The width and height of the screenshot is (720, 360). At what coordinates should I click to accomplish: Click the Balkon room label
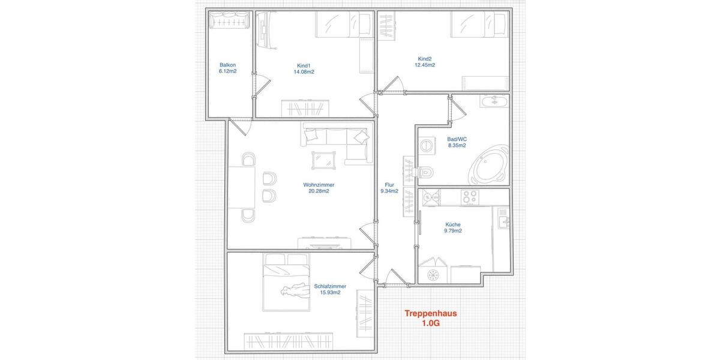[227, 65]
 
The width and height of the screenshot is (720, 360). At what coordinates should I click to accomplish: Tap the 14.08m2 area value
[304, 72]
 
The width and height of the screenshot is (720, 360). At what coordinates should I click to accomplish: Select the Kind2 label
[425, 59]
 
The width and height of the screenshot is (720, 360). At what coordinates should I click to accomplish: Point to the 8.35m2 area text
[457, 145]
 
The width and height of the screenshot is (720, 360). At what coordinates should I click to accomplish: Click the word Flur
[389, 185]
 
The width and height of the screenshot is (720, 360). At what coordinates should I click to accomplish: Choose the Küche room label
[453, 224]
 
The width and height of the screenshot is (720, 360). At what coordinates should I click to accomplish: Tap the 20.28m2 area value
[319, 191]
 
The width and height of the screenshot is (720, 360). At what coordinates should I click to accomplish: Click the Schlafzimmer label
[330, 286]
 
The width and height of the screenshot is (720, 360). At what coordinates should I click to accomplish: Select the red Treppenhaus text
[431, 313]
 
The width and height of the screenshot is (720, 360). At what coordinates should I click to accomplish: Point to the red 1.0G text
[431, 323]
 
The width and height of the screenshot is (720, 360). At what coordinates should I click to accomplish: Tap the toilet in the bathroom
[427, 172]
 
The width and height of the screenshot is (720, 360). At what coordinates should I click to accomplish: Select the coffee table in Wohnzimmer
[323, 160]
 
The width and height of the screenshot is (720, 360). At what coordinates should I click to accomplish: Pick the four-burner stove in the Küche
[469, 196]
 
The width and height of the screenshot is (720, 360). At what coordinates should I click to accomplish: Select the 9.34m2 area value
[389, 191]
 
